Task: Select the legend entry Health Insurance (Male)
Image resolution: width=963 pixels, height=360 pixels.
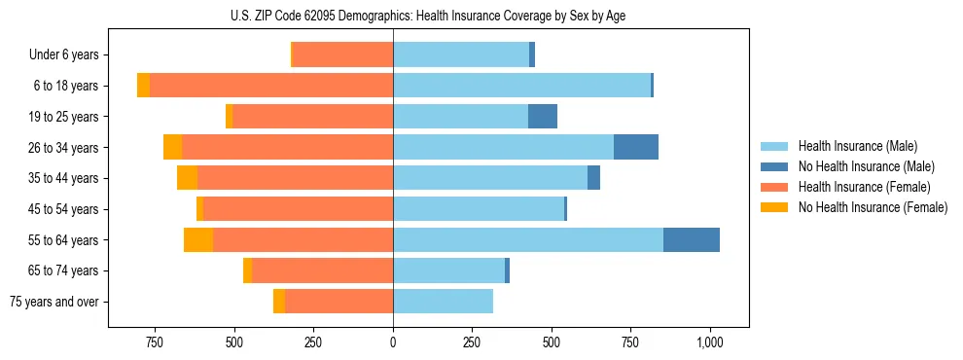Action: tap(857, 146)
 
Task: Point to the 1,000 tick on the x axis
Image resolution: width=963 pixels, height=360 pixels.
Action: tap(709, 342)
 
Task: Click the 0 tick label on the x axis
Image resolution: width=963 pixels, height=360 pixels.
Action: tap(393, 342)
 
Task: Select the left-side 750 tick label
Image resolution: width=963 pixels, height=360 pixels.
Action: tap(154, 342)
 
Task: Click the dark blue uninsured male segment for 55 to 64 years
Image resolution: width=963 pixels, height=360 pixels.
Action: tap(692, 240)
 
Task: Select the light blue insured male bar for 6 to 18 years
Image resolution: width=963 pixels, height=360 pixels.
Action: tap(521, 86)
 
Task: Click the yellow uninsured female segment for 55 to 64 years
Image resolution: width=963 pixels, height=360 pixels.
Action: tap(198, 240)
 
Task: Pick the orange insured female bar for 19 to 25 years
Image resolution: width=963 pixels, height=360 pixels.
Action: tap(312, 117)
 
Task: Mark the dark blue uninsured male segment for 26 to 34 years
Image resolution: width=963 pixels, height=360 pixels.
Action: tap(636, 148)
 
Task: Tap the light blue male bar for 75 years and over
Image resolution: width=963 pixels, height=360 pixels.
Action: tap(443, 302)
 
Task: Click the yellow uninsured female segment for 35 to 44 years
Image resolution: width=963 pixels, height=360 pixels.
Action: tap(187, 178)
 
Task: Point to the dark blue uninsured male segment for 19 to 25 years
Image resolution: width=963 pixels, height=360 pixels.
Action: tap(543, 117)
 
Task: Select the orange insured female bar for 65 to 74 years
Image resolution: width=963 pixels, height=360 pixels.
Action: tap(322, 270)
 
